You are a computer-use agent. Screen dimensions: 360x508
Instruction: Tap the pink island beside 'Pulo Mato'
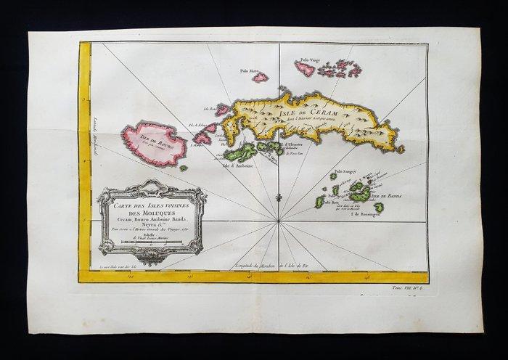coord(260,77)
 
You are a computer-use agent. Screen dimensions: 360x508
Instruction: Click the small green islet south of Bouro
coord(184,168)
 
